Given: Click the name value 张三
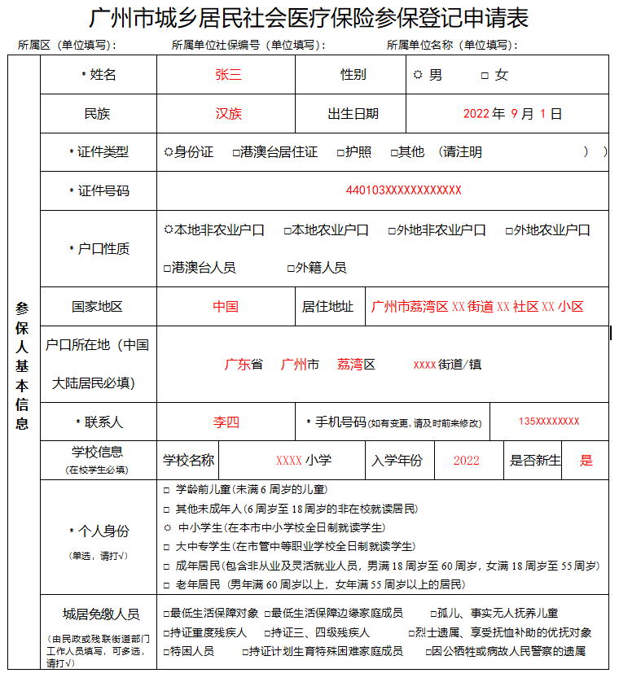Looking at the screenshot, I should coord(228,75).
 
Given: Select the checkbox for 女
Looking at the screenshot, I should coord(485,76).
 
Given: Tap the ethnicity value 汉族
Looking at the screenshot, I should coord(228,114).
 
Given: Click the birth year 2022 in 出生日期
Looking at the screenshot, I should coord(476,114).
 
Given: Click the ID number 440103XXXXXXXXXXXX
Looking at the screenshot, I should coord(403,190).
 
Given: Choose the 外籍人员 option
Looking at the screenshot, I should coord(291,268).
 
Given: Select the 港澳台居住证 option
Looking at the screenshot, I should coord(236,152).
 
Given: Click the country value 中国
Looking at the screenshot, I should coord(226,307).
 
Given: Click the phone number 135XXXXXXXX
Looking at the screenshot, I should coord(549,422).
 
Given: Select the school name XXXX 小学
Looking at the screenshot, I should coord(303,461).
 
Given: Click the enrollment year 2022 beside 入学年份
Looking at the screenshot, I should coord(467,461).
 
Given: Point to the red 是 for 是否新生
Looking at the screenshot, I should coord(586,461).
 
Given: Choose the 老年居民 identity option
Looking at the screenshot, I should coord(167,584).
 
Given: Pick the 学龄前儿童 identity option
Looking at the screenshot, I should coord(167,490).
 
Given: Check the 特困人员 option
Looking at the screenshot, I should coord(167,651).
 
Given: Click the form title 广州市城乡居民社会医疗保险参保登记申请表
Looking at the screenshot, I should coord(309,19).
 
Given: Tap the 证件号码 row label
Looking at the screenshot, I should coord(99,191).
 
